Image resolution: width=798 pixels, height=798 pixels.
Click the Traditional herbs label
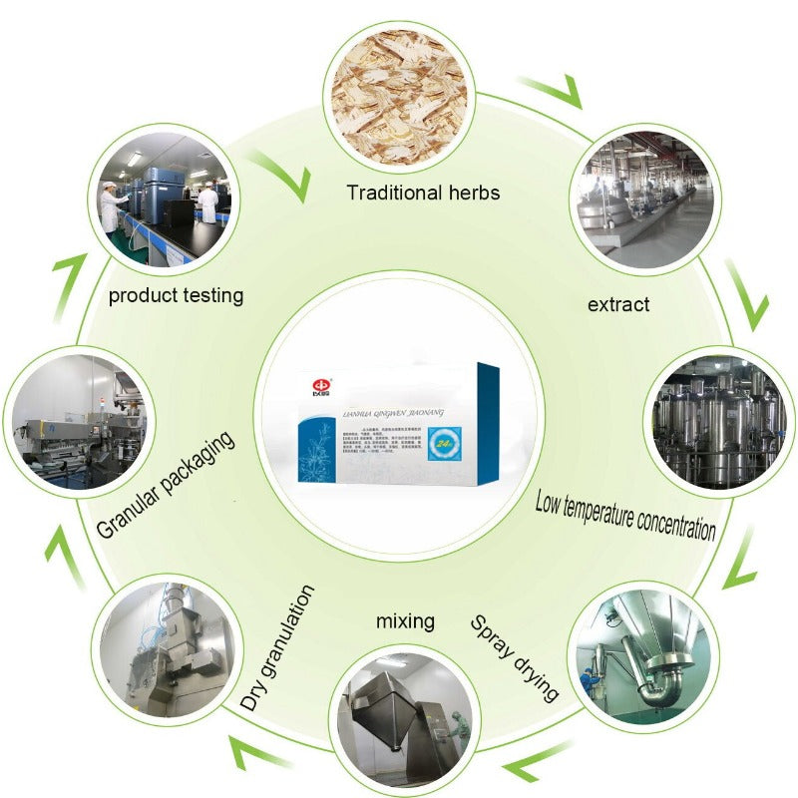(423, 192)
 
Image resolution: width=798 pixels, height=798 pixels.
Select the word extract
(617, 303)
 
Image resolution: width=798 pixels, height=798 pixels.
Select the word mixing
(405, 621)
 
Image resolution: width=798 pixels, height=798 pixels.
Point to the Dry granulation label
(279, 648)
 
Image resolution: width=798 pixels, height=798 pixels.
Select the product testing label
(176, 295)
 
